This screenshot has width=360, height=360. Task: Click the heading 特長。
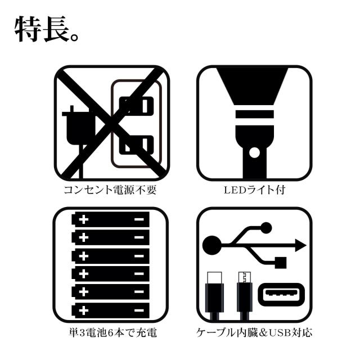[x=47, y=30]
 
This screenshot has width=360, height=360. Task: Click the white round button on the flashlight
[x=254, y=152]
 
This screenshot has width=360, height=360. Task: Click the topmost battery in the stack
[x=111, y=219]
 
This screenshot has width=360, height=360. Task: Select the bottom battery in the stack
[x=111, y=309]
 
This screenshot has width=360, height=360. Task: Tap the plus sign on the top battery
[x=84, y=219]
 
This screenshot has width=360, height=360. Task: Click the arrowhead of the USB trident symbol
[x=300, y=245]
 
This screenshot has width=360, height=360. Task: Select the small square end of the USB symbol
[x=280, y=261]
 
